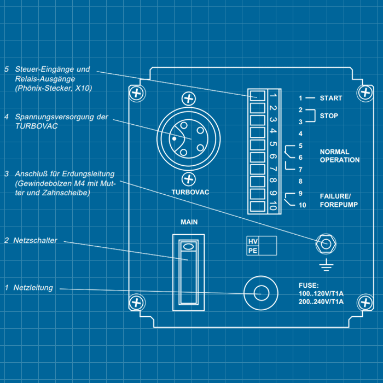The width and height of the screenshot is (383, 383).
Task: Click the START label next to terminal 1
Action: (x=331, y=98)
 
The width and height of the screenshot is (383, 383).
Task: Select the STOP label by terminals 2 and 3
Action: (x=329, y=116)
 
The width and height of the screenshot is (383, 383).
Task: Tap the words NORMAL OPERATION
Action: (x=340, y=156)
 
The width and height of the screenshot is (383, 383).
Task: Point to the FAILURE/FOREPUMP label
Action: (x=339, y=200)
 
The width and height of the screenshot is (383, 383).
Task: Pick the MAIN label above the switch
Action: (x=189, y=223)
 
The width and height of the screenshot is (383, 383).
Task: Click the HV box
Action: (x=253, y=241)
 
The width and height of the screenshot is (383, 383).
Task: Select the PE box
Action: (x=253, y=251)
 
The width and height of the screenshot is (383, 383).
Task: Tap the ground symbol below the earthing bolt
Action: (x=327, y=266)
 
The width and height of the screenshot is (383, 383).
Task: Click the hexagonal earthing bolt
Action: (x=327, y=244)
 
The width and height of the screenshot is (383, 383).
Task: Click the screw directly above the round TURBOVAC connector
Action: (x=189, y=99)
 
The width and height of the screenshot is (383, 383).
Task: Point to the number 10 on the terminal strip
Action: (x=272, y=206)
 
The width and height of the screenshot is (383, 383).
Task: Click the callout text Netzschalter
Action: (x=35, y=241)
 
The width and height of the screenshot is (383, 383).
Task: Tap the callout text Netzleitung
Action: (x=33, y=287)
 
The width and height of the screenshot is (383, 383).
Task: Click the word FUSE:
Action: (x=308, y=286)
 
